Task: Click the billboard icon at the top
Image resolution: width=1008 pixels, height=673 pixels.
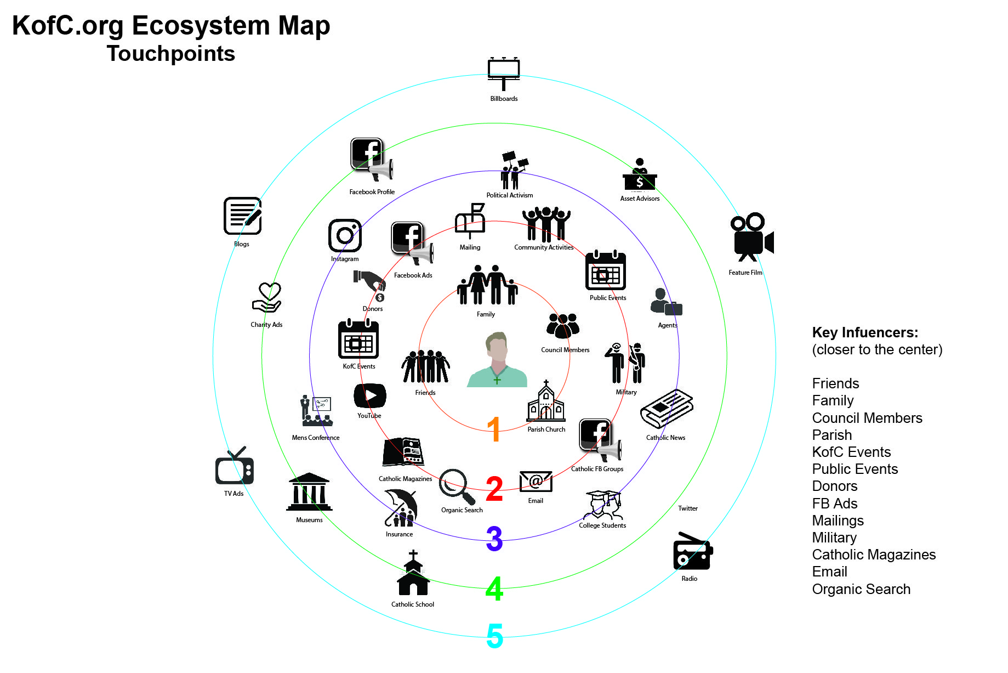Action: click(x=504, y=73)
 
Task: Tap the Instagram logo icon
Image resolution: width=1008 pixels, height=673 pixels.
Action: click(x=345, y=236)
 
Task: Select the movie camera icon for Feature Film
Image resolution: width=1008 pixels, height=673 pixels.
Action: click(x=751, y=237)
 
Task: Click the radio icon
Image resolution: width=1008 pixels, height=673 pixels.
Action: click(x=693, y=551)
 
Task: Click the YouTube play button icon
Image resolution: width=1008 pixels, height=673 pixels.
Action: click(x=370, y=395)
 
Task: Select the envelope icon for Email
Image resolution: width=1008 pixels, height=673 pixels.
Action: click(x=536, y=482)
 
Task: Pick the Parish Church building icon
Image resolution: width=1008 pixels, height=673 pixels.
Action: click(x=546, y=401)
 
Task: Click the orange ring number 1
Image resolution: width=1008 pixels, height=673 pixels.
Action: click(x=494, y=428)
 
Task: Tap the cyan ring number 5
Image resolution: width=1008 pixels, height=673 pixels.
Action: click(x=494, y=636)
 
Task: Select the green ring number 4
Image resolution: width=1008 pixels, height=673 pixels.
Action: click(x=494, y=589)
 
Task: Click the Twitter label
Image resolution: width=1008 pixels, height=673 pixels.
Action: click(x=688, y=508)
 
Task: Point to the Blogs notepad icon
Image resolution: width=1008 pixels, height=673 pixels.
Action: click(x=243, y=216)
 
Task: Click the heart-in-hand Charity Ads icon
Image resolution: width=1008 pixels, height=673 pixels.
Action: click(x=267, y=298)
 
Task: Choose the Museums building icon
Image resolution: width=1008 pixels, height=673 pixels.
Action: click(x=309, y=492)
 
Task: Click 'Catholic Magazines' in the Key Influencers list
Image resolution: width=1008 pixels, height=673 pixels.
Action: click(x=874, y=555)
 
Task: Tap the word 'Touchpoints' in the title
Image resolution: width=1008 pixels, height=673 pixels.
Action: click(x=171, y=54)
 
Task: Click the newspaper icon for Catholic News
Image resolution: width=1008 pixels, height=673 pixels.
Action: click(x=667, y=409)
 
